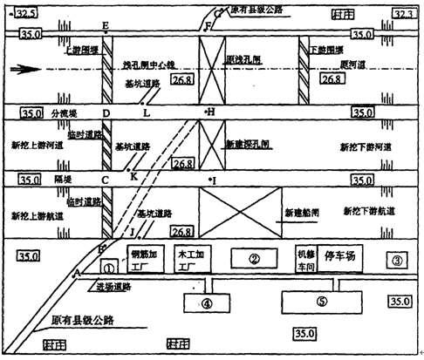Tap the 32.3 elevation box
pos(403,15)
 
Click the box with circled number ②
pos(255,259)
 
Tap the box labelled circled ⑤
pos(321,302)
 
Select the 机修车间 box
pos(304,259)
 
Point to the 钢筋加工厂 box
pos(142,259)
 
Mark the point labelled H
pos(210,112)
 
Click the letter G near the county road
pos(218,13)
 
